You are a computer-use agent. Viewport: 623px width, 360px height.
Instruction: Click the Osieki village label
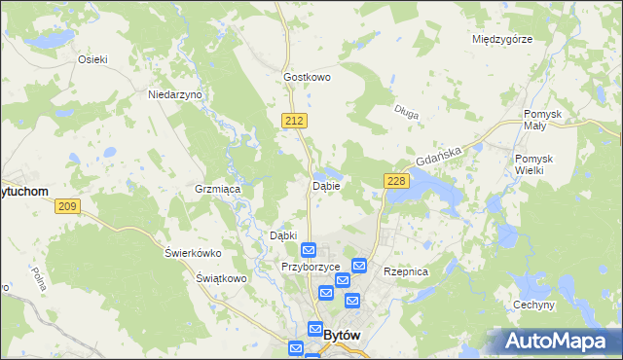92,58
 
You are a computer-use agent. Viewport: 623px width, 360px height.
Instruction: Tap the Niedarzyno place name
174,94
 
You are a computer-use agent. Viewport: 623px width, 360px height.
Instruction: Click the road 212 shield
297,120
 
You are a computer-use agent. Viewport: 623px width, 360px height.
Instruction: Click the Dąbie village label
325,185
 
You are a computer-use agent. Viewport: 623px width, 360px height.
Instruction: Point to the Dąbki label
282,235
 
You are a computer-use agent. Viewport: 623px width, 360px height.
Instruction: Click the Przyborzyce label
310,267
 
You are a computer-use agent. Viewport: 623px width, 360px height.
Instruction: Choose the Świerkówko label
193,253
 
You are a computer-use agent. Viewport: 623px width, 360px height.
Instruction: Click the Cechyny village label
533,305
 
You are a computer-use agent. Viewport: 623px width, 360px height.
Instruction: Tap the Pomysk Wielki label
534,164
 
